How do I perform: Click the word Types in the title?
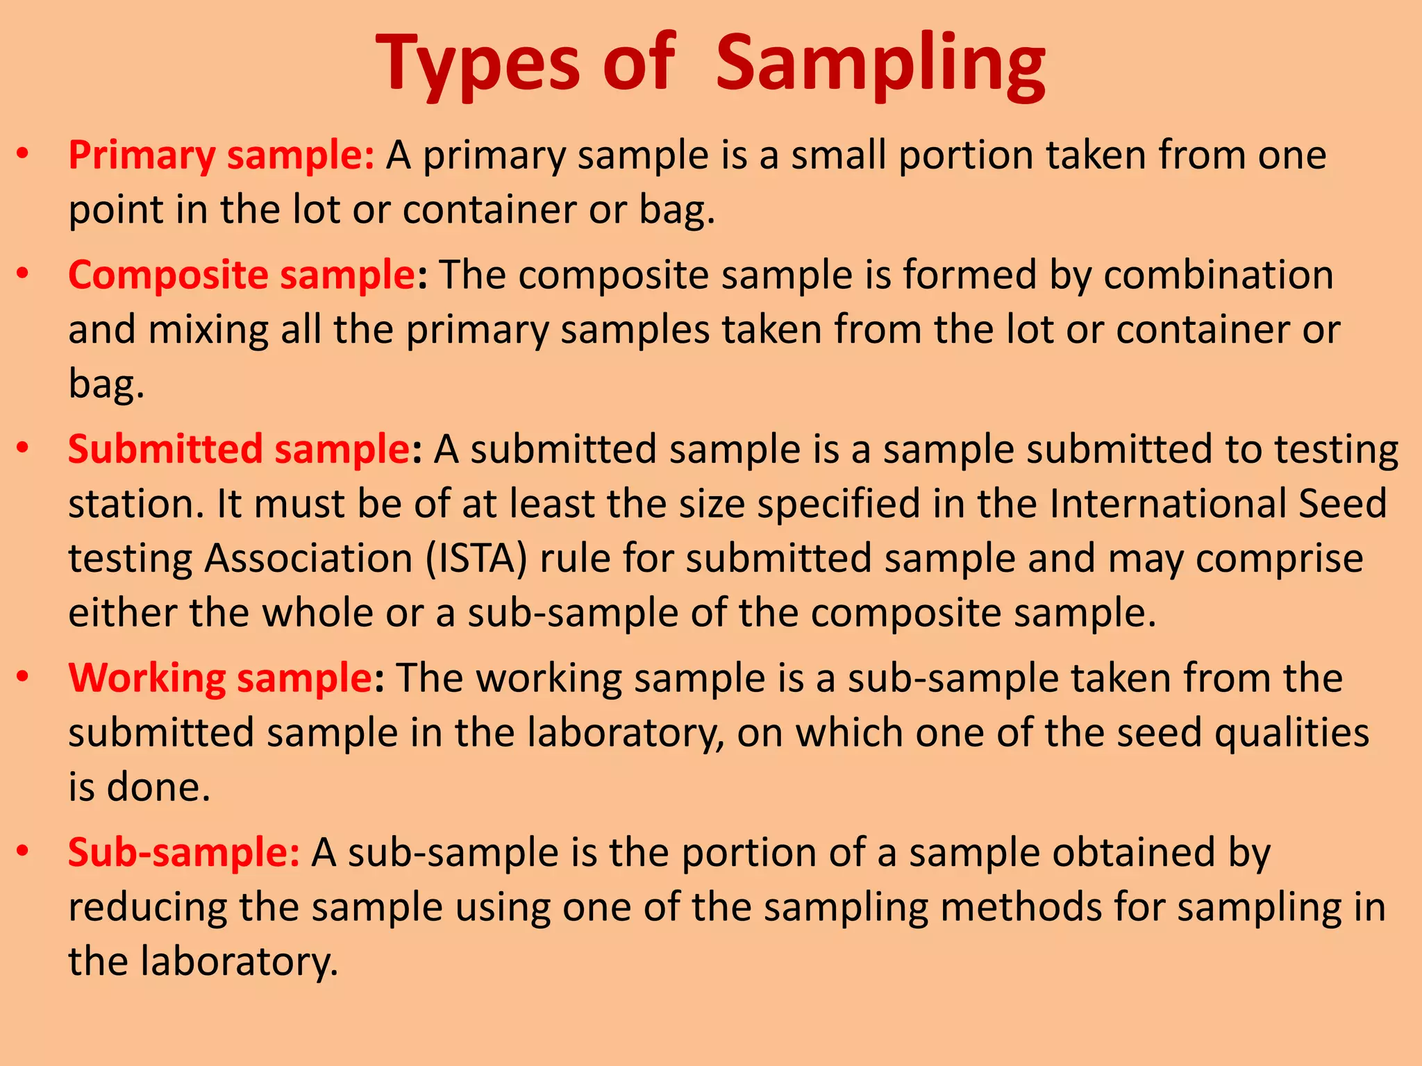pos(478,64)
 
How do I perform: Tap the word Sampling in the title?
pos(880,64)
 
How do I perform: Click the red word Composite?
pos(167,275)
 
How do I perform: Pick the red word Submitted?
pos(165,449)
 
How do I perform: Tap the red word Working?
pos(147,678)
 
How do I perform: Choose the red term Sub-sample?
pos(183,852)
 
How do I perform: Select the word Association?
pos(309,559)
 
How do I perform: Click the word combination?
pos(1219,275)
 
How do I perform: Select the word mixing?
pos(208,330)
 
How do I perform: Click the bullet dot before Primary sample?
pos(23,153)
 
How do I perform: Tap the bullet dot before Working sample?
pos(23,676)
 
